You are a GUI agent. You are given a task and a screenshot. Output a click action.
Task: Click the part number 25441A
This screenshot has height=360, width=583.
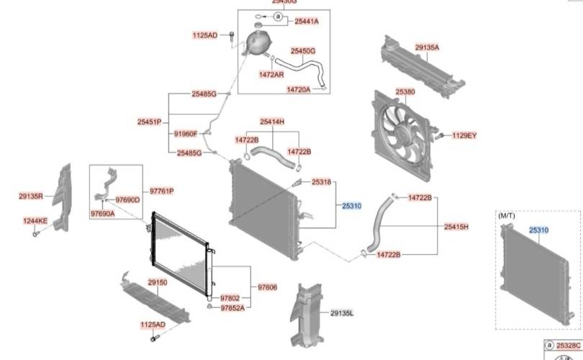pyautogui.click(x=306, y=22)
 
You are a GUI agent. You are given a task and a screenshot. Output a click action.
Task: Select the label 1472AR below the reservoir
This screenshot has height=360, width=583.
pyautogui.click(x=271, y=74)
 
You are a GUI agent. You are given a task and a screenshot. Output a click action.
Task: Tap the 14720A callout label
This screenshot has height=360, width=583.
pyautogui.click(x=298, y=90)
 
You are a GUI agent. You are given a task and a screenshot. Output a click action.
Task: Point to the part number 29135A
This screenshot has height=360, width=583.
pyautogui.click(x=427, y=48)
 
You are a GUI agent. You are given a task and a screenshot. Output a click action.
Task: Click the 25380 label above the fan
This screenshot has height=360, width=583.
pyautogui.click(x=405, y=92)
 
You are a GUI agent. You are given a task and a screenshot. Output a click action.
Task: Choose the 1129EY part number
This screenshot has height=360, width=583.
pyautogui.click(x=464, y=135)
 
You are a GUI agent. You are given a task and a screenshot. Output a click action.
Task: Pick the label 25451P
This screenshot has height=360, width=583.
pyautogui.click(x=149, y=122)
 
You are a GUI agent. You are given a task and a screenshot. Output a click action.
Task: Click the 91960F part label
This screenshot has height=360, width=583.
pyautogui.click(x=185, y=134)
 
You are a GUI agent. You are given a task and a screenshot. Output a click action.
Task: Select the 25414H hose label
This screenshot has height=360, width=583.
pyautogui.click(x=272, y=122)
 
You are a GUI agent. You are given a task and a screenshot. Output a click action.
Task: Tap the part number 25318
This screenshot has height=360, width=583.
pyautogui.click(x=321, y=183)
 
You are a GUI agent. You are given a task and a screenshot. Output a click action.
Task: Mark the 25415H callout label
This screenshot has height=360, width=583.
pyautogui.click(x=456, y=227)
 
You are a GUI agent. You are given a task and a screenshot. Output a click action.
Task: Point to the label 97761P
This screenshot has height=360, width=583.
pyautogui.click(x=162, y=191)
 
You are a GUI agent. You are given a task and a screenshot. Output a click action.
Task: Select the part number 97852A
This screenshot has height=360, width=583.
pyautogui.click(x=232, y=307)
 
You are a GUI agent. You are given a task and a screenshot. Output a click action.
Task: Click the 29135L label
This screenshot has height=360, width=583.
pyautogui.click(x=343, y=313)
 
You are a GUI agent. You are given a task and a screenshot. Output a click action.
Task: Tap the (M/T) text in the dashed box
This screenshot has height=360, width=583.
pyautogui.click(x=507, y=215)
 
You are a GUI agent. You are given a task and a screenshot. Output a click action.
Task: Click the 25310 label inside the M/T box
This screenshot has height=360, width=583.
pyautogui.click(x=539, y=230)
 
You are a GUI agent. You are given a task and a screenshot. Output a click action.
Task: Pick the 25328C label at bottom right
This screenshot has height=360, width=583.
pyautogui.click(x=568, y=346)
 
